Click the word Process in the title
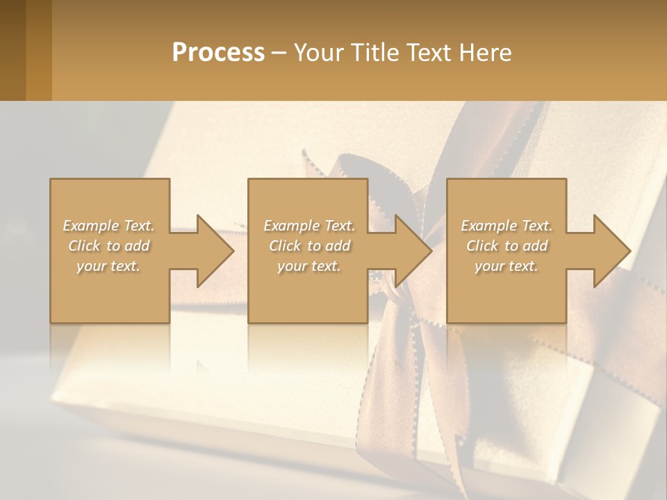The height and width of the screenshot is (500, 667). [218, 53]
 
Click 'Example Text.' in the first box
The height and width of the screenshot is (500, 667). [108, 226]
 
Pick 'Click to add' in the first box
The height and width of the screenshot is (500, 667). [108, 246]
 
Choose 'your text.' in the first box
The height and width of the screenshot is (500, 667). [108, 266]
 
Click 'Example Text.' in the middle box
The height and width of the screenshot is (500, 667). [309, 226]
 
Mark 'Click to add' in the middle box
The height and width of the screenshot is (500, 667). [309, 246]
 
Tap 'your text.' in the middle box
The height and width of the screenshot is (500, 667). [309, 266]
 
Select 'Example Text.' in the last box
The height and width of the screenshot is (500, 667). [507, 226]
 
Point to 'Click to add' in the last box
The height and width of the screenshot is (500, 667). [507, 246]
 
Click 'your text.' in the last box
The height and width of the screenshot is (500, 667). [507, 266]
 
